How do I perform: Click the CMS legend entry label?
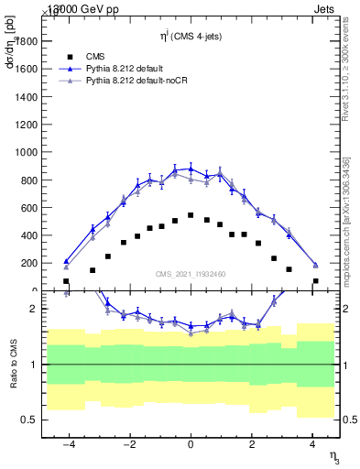point(94,56)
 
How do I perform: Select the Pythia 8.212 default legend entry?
point(124,69)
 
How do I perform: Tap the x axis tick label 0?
point(191,446)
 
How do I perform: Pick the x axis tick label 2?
point(252,446)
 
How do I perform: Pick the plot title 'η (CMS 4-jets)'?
point(191,36)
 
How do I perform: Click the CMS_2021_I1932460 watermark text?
point(191,274)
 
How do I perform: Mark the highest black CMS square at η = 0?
point(191,215)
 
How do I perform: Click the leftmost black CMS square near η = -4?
point(66,281)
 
